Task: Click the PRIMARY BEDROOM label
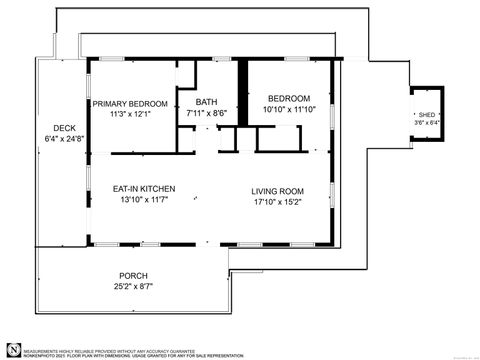(130, 103)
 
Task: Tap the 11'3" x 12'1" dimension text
(130, 114)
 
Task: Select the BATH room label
(206, 102)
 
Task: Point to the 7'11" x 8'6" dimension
(206, 113)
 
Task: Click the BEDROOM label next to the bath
(288, 99)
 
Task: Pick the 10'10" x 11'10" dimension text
(288, 110)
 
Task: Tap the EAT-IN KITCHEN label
(144, 188)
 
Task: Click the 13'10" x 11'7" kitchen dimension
(144, 199)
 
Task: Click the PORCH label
(133, 276)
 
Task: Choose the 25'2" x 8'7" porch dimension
(133, 287)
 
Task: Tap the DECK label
(65, 128)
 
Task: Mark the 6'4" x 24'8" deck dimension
(65, 139)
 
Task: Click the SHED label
(427, 115)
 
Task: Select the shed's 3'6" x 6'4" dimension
(427, 123)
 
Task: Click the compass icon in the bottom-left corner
(13, 347)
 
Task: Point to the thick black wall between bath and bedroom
(241, 95)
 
